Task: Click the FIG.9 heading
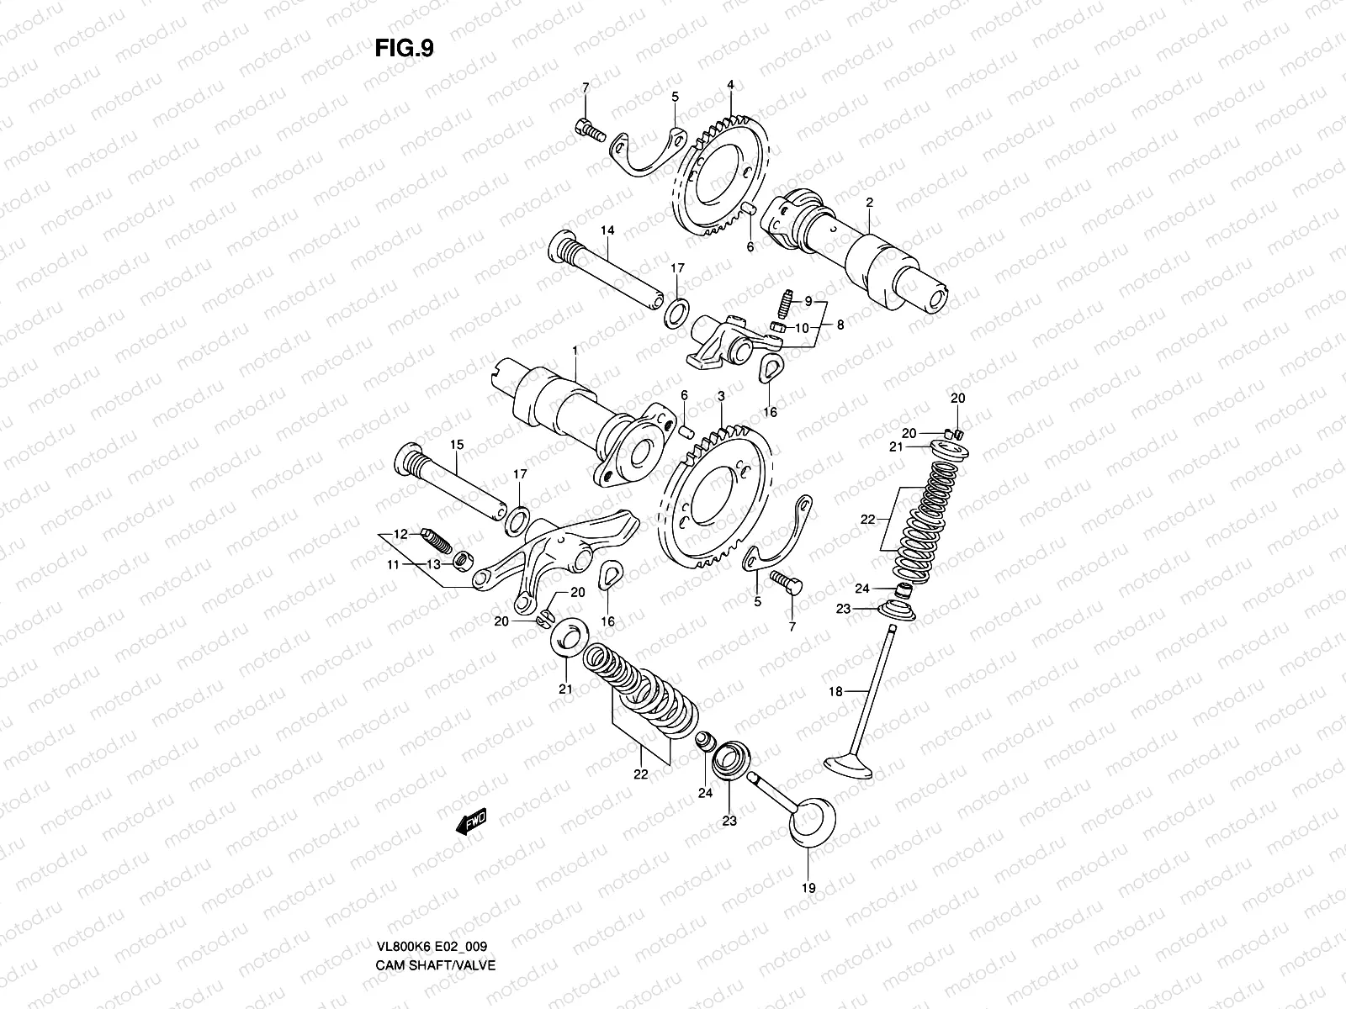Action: [x=404, y=49]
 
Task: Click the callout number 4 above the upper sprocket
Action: [x=730, y=85]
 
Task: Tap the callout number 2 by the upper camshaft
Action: [x=869, y=203]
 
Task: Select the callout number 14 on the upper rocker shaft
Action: [x=607, y=230]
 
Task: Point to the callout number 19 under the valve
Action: [x=810, y=887]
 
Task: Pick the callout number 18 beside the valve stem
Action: [x=835, y=691]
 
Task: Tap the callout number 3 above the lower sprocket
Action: [x=720, y=395]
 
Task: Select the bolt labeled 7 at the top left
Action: [x=586, y=130]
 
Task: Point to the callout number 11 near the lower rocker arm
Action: [x=393, y=566]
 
